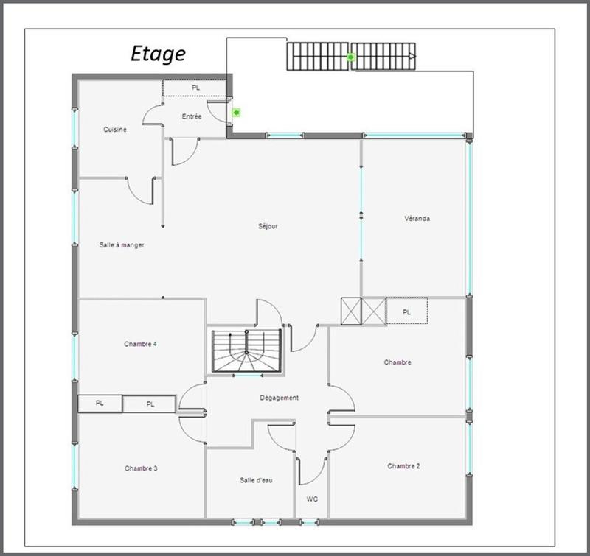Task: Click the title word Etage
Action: point(158,53)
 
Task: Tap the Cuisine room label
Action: point(114,130)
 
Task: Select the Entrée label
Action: point(192,116)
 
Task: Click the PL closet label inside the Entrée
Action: point(195,88)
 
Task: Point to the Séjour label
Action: point(268,226)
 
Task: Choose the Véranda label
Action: point(417,219)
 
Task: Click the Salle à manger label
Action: point(122,245)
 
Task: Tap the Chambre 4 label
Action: point(140,344)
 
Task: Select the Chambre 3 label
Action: point(140,468)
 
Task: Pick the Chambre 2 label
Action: point(403,466)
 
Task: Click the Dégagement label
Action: point(279,398)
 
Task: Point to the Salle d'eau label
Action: point(256,480)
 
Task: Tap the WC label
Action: point(312,499)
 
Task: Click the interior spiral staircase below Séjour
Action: point(247,351)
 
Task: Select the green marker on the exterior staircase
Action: point(351,57)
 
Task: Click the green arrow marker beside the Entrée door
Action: point(236,113)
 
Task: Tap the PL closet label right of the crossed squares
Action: point(406,312)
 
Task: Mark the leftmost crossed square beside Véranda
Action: point(351,311)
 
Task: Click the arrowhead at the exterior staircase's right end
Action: point(413,56)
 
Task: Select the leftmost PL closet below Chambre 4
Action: point(100,404)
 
